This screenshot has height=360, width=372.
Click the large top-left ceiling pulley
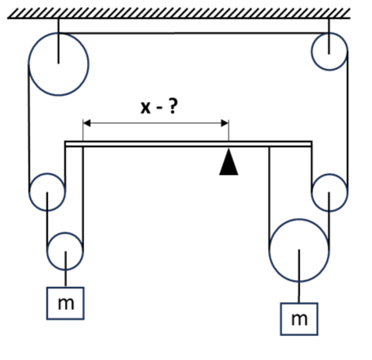click(x=29, y=65)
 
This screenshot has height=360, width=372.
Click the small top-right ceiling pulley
click(x=312, y=52)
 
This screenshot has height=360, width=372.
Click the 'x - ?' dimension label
click(x=159, y=107)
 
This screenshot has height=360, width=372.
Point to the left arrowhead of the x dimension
click(x=86, y=123)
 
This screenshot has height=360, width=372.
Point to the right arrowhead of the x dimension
click(x=225, y=123)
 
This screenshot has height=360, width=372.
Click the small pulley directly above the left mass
click(x=47, y=251)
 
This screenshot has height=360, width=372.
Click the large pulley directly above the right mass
click(x=270, y=250)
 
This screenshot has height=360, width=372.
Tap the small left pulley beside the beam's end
click(x=29, y=192)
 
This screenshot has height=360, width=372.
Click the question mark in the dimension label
click(x=173, y=107)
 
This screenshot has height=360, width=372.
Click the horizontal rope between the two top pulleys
click(x=194, y=33)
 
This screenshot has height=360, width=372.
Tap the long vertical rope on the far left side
click(x=29, y=128)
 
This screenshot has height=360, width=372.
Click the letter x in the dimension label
click(x=146, y=108)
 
